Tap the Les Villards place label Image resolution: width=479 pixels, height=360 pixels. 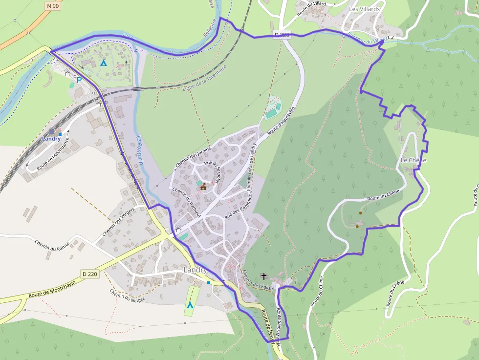(x=364, y=9)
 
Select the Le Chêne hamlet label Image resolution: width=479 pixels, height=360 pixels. (x=413, y=160)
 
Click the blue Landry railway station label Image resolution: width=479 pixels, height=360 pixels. (x=51, y=139)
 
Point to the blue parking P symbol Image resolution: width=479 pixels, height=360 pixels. (x=78, y=80)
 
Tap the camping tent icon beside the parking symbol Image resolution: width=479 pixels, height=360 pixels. (x=103, y=63)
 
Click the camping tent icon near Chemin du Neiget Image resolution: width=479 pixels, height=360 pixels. (x=190, y=305)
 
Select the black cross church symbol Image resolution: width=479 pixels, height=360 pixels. (x=264, y=276)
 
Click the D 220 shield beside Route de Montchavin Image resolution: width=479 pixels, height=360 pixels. (x=90, y=274)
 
